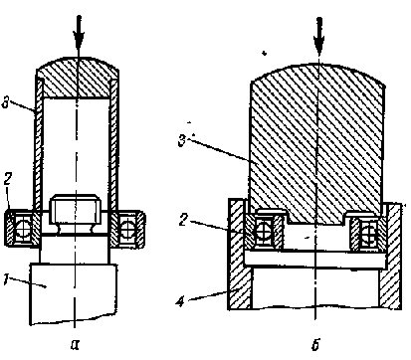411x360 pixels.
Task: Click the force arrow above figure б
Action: [x=318, y=37]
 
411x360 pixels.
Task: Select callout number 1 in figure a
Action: [x=6, y=279]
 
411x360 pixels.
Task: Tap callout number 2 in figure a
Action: [x=8, y=179]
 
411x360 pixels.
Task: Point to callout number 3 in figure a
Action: [x=5, y=102]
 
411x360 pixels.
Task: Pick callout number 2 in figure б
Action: [x=183, y=220]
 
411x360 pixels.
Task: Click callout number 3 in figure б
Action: [x=182, y=140]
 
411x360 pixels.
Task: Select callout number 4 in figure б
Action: [x=180, y=300]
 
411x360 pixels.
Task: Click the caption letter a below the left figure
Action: [x=76, y=345]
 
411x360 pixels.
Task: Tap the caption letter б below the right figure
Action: [x=315, y=345]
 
